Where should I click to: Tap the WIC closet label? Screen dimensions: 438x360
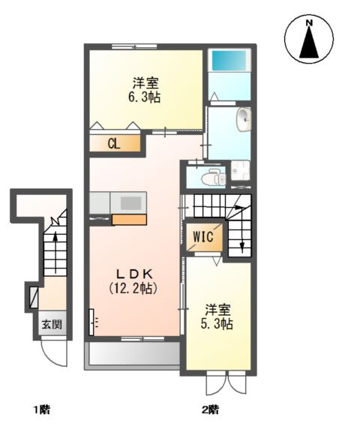pos(202,238)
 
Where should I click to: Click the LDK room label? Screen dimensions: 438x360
pos(135,272)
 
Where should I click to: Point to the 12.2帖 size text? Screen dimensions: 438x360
pos(136,287)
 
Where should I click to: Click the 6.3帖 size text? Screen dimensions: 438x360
pos(145,97)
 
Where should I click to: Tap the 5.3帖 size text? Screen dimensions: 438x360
pos(217,324)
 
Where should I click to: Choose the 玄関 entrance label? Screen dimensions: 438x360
pos(52,325)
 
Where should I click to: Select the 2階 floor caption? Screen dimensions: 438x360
pos(210,409)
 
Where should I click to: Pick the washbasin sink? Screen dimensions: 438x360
pos(244,118)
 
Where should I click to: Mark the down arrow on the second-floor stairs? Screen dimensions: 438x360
pos(241,241)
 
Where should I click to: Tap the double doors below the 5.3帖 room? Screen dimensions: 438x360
pos(226,384)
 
